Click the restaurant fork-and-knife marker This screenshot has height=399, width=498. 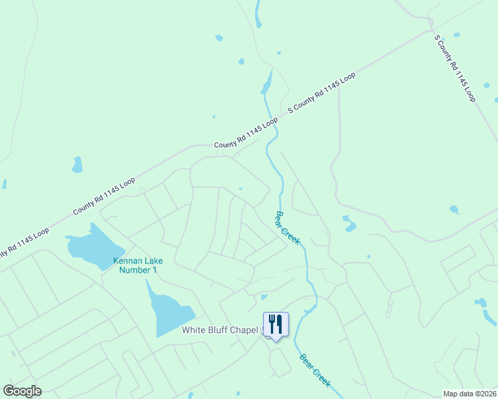pos(276,325)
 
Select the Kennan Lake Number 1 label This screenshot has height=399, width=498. pos(138,265)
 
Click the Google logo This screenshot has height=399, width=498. pos(23,391)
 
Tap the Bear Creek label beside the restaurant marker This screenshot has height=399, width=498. pos(314,370)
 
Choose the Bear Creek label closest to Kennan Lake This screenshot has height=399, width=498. pos(288,226)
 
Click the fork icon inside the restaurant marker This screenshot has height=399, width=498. pos(272,324)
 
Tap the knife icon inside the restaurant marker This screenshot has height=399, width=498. pos(280,324)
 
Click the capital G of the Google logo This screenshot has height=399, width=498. pos(9,391)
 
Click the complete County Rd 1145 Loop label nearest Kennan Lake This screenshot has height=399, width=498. pos(104,196)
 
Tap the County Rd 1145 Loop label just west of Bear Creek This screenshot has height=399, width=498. pos(245,134)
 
